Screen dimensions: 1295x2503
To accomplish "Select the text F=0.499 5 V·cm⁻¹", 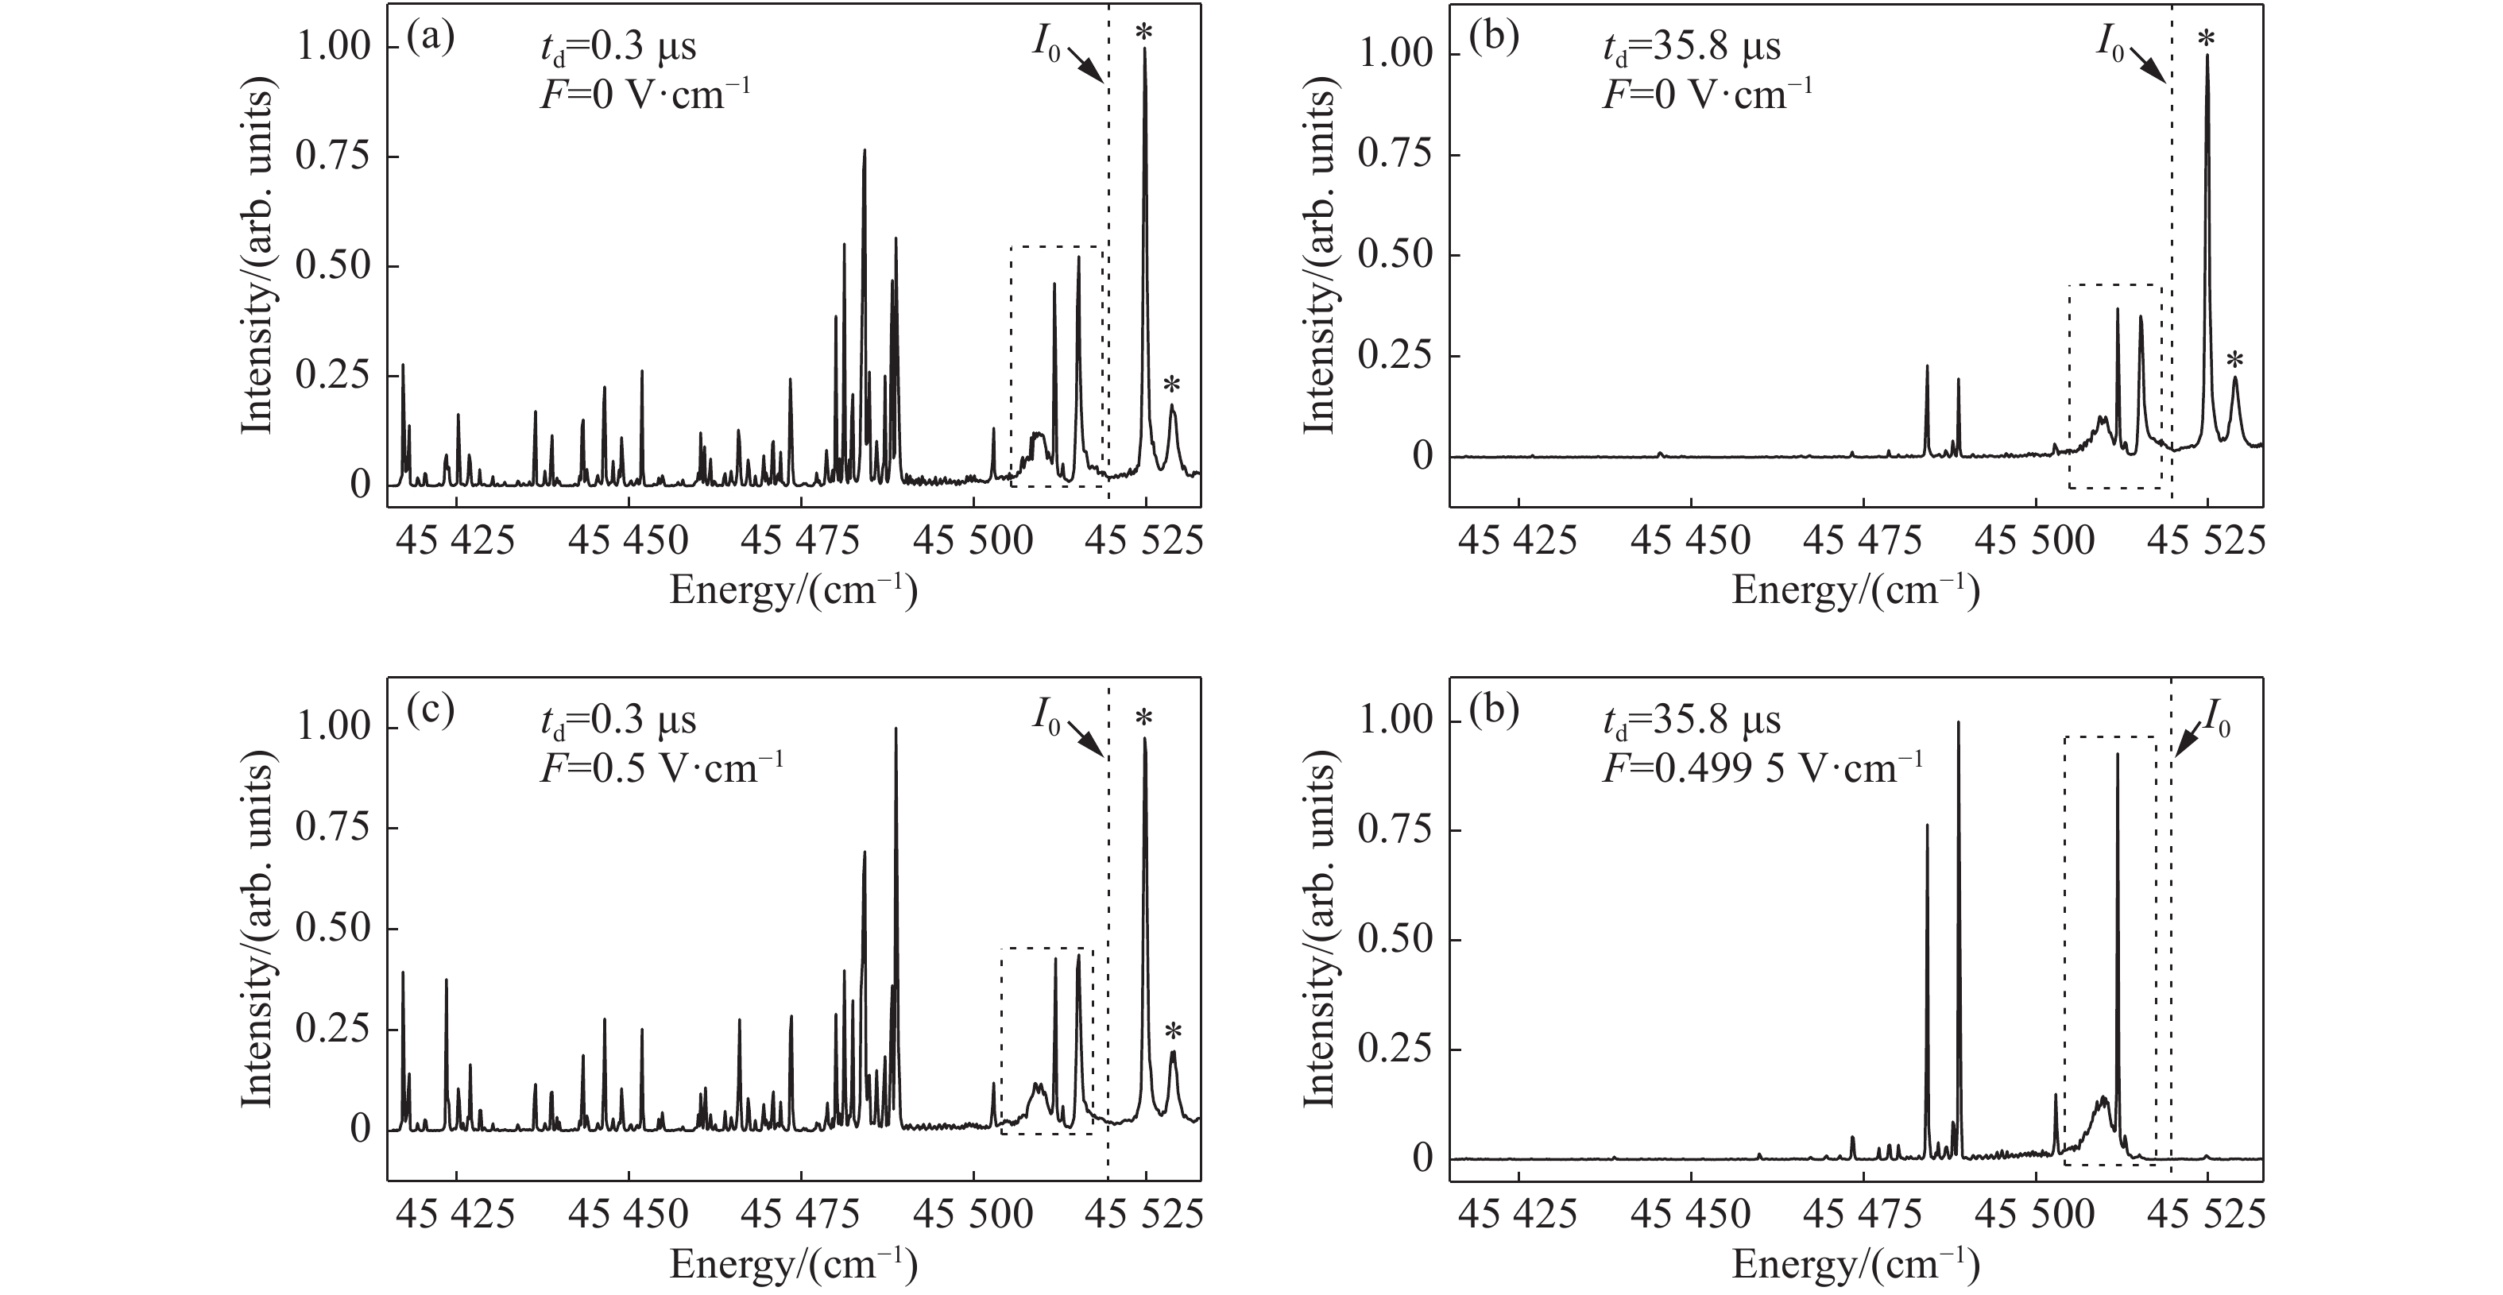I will pos(1762,768).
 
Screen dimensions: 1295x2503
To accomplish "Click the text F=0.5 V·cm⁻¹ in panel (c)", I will pos(662,768).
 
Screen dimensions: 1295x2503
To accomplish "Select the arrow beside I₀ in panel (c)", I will pos(1087,740).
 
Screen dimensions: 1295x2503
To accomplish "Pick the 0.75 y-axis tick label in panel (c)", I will pos(333,829).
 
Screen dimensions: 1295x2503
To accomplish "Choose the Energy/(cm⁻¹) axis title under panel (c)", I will pos(793,1265).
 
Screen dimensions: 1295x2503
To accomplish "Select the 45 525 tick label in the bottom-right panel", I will pos(2207,1216).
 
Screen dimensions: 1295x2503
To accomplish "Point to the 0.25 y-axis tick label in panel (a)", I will pos(333,376).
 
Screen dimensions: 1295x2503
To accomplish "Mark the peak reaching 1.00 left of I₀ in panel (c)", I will pos(895,731).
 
